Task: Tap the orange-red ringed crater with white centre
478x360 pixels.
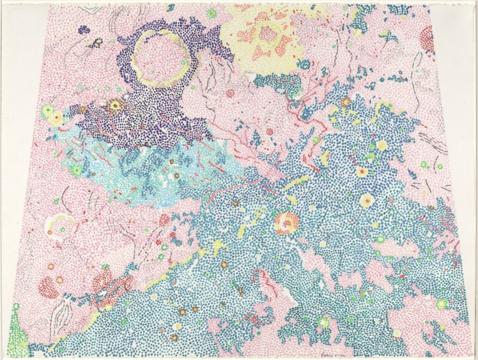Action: (286, 223)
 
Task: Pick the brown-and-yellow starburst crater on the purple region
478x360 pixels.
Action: (113, 107)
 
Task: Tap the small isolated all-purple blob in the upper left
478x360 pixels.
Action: (84, 30)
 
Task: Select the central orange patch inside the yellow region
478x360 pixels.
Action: (267, 34)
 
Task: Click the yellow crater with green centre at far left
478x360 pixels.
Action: (48, 111)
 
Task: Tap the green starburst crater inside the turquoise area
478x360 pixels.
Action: (76, 170)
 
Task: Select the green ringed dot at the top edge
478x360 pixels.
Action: (211, 13)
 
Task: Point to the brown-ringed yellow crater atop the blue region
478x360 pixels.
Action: (345, 102)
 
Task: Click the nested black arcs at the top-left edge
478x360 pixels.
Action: (91, 8)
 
